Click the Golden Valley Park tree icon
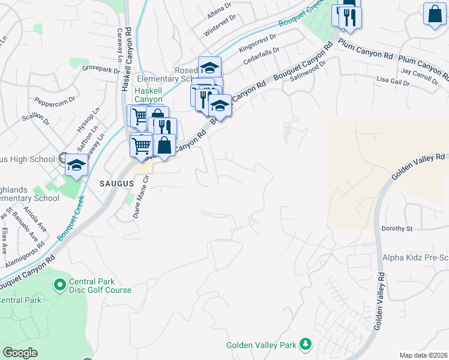click(306, 343)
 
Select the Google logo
click(20, 353)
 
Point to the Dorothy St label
click(397, 229)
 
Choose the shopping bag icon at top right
click(433, 13)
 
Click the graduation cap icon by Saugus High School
click(76, 166)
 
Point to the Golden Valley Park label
click(262, 345)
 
